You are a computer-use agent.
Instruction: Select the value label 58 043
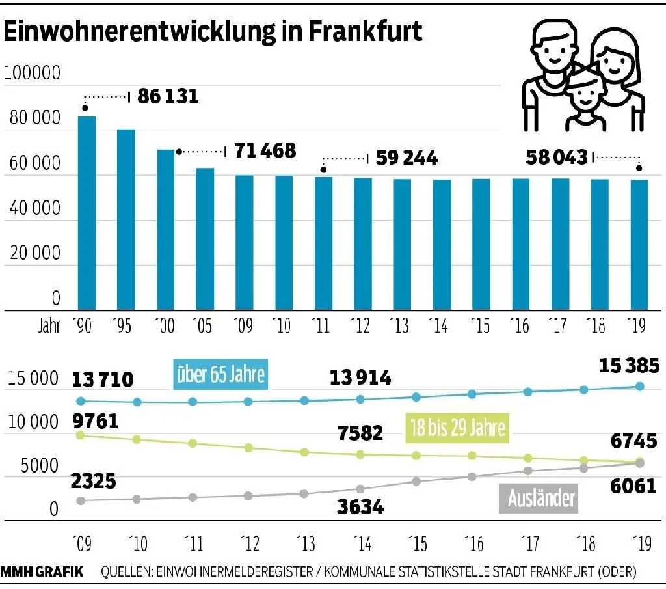pos(557,157)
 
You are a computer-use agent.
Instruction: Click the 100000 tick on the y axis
pos(33,74)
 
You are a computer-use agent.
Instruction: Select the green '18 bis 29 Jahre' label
pos(457,429)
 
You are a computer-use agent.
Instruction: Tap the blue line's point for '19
pos(639,387)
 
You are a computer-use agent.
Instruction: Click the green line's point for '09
pos(81,435)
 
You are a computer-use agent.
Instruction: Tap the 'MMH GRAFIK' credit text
pos(42,572)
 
